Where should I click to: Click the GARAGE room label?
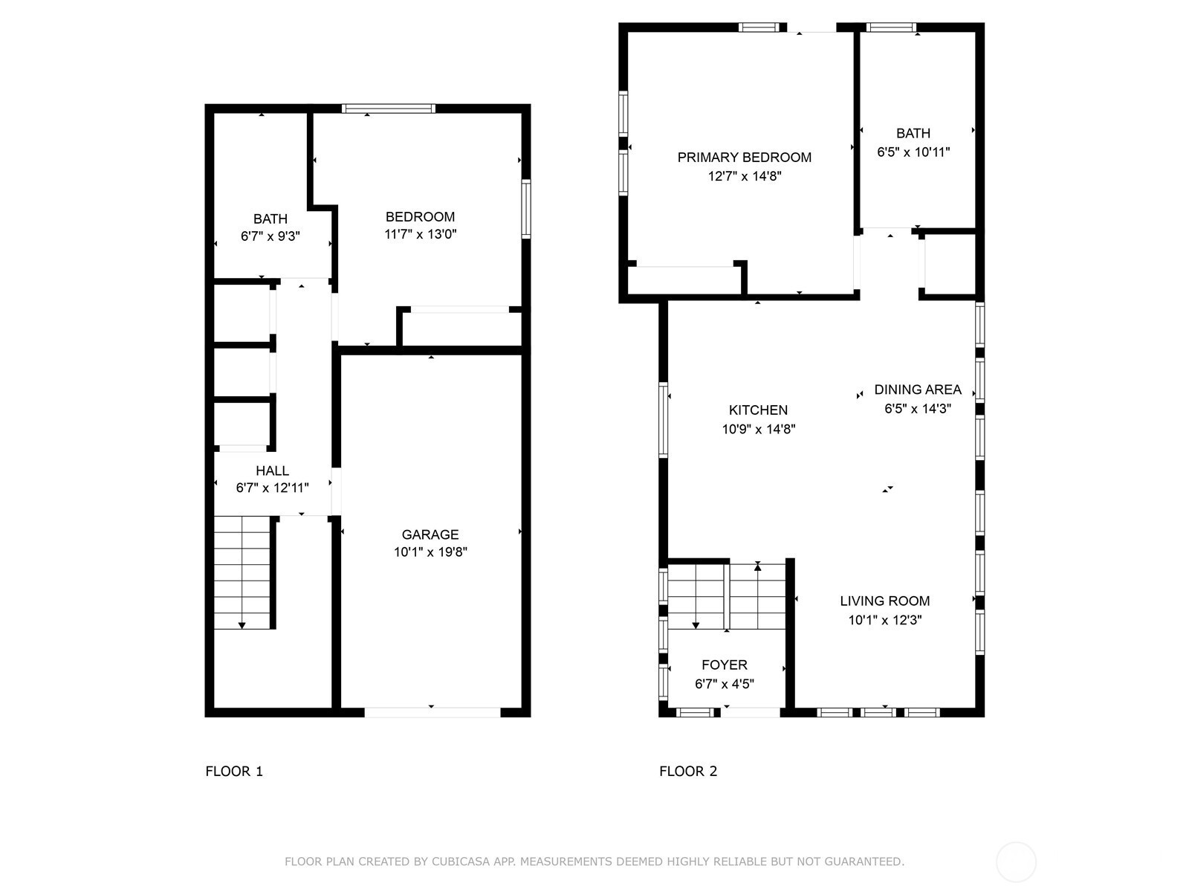(x=430, y=534)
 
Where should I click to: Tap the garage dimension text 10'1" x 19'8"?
(x=430, y=552)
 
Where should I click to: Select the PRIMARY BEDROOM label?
(x=745, y=157)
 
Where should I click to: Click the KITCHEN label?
(x=759, y=410)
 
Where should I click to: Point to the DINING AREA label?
(x=918, y=390)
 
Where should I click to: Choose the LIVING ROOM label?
(x=884, y=601)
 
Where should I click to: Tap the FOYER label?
(x=725, y=665)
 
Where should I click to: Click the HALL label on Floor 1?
(x=272, y=471)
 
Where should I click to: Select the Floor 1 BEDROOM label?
(x=420, y=216)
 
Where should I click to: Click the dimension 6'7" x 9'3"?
(x=270, y=236)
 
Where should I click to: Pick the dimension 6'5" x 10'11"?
(x=913, y=152)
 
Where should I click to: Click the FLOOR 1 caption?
(x=234, y=772)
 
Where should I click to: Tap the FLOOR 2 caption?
(x=688, y=772)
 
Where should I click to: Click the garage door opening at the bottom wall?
(x=432, y=712)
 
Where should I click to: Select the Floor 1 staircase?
(x=242, y=573)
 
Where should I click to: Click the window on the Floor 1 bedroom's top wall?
(x=389, y=109)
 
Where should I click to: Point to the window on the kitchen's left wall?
(x=663, y=420)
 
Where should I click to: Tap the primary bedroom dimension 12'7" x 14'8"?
(x=745, y=176)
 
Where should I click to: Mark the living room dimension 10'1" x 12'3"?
(x=884, y=620)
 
